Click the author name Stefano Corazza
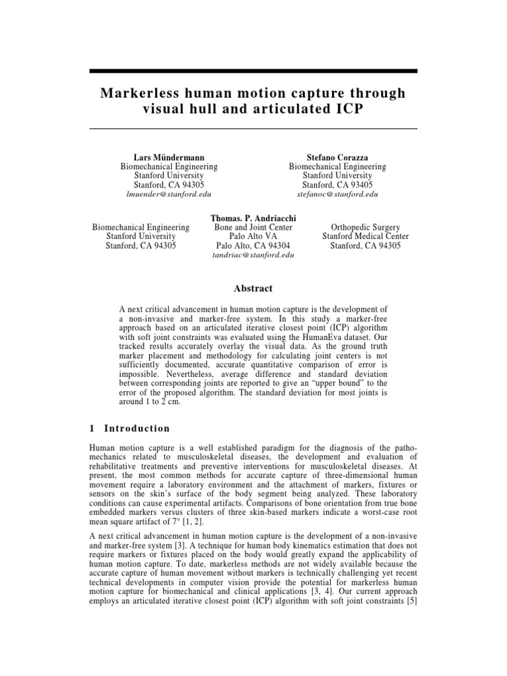click(x=337, y=158)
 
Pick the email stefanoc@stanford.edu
click(x=337, y=195)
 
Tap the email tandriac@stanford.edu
click(x=253, y=255)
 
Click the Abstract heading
click(x=253, y=288)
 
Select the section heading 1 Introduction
click(x=129, y=428)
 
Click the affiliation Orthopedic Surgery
click(x=365, y=227)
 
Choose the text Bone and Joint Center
click(x=253, y=227)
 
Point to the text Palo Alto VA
click(x=253, y=236)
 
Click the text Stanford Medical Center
click(x=365, y=236)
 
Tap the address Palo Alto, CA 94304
click(x=253, y=246)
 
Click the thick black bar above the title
click(x=253, y=71)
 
